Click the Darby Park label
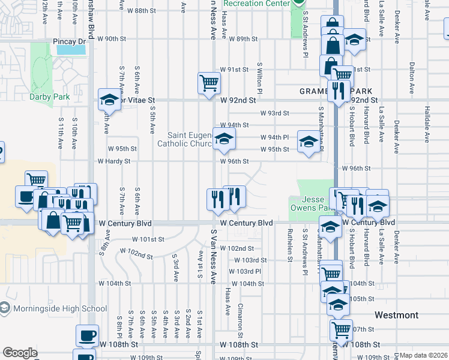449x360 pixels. (x=50, y=97)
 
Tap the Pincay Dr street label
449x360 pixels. (x=70, y=41)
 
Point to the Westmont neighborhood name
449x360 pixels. (x=396, y=315)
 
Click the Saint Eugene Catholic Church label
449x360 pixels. (x=184, y=139)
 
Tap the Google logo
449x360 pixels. (x=20, y=352)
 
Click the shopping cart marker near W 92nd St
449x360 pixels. (x=209, y=83)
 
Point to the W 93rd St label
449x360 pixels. (x=274, y=113)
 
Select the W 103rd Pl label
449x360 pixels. (x=245, y=271)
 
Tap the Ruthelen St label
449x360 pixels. (x=289, y=245)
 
